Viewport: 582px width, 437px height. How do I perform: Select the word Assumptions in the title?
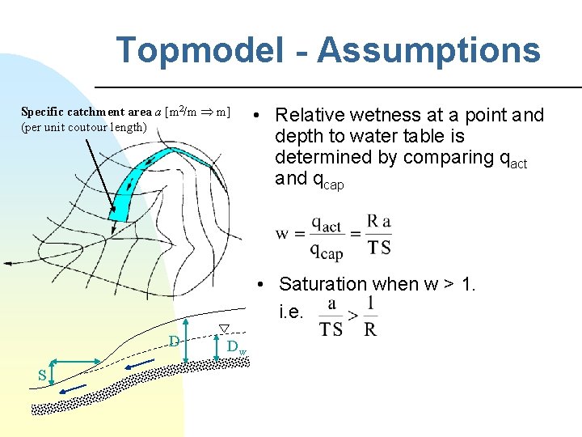(428, 50)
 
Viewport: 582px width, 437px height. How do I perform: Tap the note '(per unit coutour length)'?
(84, 127)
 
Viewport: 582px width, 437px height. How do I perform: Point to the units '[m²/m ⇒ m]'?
(196, 112)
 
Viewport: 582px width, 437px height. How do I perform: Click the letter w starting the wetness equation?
(283, 234)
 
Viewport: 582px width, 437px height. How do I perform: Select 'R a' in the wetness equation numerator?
(380, 221)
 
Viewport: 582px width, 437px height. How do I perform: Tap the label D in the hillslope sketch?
(174, 341)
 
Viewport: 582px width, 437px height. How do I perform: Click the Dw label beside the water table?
(235, 347)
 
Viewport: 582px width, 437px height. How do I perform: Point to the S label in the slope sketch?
(40, 373)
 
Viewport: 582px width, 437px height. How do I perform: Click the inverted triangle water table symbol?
(226, 328)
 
